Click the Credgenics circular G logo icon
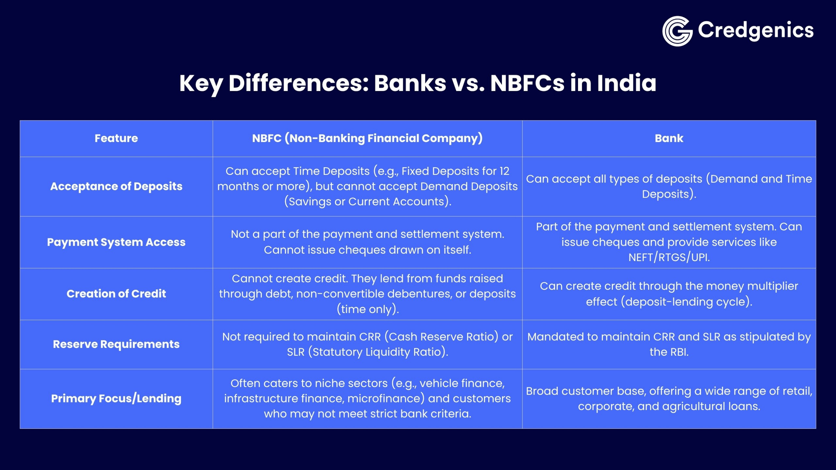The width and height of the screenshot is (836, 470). point(677,31)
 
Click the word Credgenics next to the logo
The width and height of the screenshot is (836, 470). point(755,30)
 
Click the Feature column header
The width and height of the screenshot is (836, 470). point(116,138)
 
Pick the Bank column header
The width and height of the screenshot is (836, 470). point(669,138)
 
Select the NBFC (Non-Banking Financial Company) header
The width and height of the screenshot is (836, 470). point(367,138)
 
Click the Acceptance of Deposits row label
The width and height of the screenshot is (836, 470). point(116,186)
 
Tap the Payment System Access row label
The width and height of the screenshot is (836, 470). point(116,242)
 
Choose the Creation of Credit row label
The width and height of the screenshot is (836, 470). point(116,294)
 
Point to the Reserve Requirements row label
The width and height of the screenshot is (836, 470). point(116,344)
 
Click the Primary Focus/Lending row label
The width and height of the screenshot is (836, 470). point(116,399)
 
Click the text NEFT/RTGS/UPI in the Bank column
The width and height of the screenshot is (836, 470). point(669,258)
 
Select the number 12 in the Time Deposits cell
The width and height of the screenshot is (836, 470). point(504,171)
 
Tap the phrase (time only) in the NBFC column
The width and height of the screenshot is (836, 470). point(368,309)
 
